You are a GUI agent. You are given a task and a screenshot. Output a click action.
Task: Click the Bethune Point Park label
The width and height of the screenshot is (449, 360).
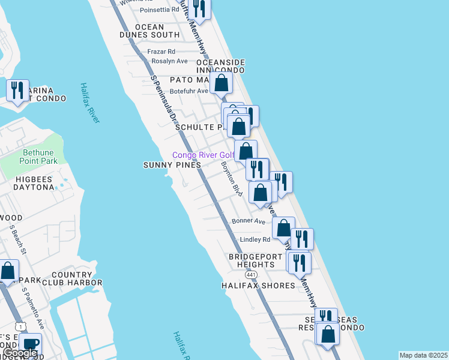(31, 157)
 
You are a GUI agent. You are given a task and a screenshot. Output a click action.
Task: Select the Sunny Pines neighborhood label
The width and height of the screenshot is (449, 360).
(167, 165)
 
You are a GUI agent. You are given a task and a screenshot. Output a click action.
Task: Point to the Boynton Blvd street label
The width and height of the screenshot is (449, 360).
(231, 179)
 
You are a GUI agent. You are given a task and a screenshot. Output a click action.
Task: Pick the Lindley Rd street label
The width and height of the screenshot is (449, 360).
(255, 239)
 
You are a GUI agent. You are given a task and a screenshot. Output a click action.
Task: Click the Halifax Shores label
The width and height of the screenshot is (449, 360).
(258, 286)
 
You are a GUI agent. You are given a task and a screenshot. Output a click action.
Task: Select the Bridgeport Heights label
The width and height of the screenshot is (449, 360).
(259, 260)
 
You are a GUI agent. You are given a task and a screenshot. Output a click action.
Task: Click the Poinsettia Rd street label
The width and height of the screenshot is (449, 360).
(159, 10)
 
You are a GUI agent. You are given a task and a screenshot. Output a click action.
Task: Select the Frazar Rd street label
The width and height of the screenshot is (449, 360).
(161, 52)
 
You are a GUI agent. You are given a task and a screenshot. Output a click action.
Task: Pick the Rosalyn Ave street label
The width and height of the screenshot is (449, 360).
(169, 61)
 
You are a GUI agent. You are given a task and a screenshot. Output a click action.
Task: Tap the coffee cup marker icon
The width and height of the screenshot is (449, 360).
(30, 344)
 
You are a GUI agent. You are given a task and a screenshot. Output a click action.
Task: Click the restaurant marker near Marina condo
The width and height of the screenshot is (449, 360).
(17, 91)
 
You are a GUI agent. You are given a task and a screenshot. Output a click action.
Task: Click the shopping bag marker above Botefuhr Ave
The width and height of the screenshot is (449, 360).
(221, 83)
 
